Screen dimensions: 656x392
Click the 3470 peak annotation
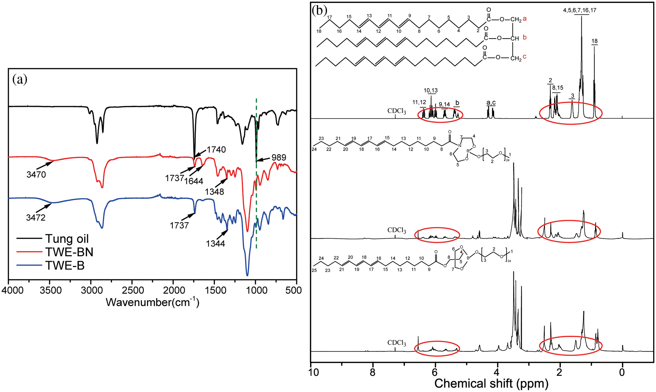[x=36, y=174]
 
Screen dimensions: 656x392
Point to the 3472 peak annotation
[x=36, y=218]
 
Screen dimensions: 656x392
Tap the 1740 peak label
[x=216, y=150]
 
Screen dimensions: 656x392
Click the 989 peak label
[x=279, y=157]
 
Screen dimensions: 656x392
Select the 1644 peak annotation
[x=194, y=181]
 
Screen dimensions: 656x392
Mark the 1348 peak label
[x=215, y=192]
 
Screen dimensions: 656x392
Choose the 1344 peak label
[x=215, y=243]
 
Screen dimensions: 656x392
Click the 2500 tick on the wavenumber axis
[x=132, y=290]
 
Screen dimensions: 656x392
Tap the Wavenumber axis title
[x=152, y=302]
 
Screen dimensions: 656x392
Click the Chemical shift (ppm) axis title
[x=491, y=384]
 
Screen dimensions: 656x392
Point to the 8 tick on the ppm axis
[x=372, y=372]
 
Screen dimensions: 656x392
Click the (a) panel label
[x=20, y=79]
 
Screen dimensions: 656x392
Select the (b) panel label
[x=319, y=10]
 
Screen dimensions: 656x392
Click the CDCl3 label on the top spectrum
[x=397, y=111]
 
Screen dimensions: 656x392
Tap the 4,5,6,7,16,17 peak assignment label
[x=580, y=10]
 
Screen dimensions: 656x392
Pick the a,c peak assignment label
[x=491, y=103]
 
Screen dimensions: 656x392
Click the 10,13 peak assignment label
[x=431, y=90]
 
